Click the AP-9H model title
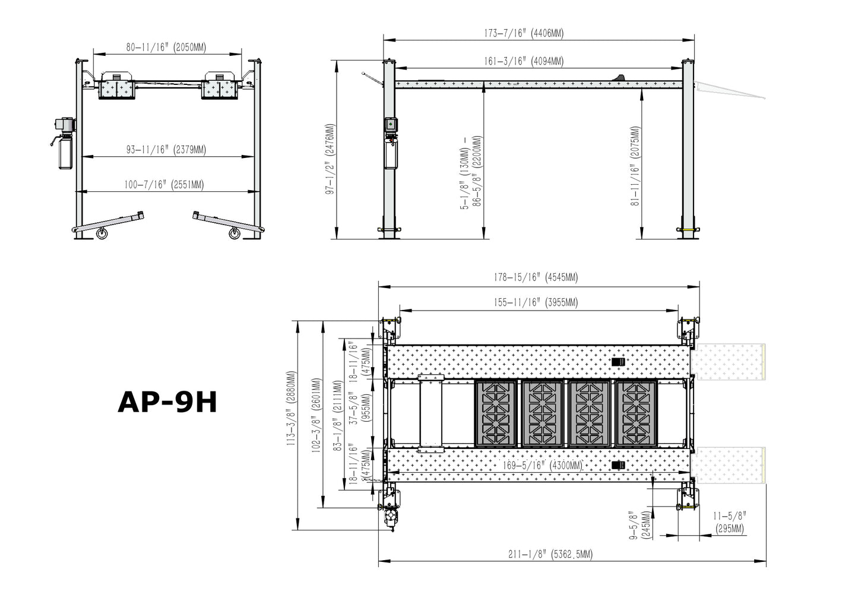pos(167,402)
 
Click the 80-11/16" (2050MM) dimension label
pos(166,48)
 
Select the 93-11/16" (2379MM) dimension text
pos(166,150)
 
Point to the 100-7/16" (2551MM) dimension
pos(163,185)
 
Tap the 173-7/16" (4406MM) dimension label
pos(523,33)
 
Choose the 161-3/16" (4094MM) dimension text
pos(523,61)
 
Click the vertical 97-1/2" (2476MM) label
pos(330,159)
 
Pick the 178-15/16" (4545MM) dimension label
pos(536,277)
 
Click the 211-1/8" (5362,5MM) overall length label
pos(550,554)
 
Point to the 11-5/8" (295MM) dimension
pos(729,523)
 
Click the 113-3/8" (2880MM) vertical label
pos(291,409)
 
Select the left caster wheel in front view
pos(102,233)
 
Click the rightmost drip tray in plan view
pos(636,413)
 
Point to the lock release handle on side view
pos(372,78)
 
